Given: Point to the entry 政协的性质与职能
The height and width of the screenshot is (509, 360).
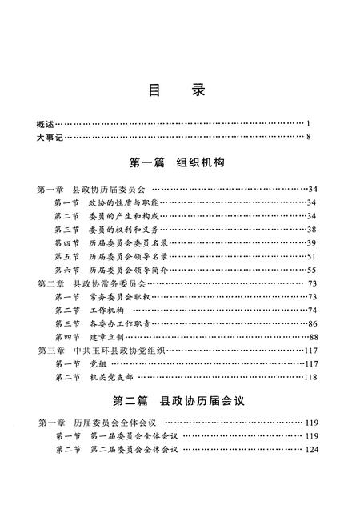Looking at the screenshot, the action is coord(117,203).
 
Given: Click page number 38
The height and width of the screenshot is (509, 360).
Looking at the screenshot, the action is coord(313,230).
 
